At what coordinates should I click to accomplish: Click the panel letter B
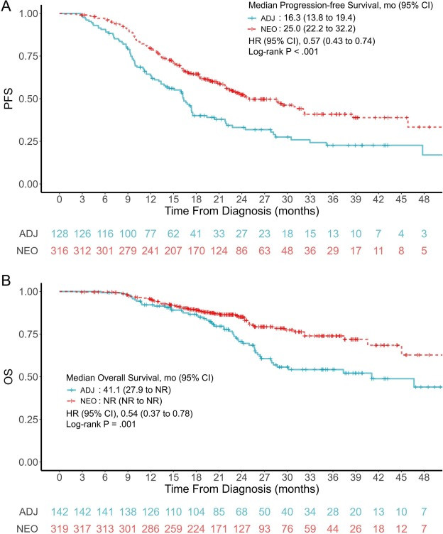click(x=6, y=280)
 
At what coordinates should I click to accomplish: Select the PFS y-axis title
click(x=9, y=99)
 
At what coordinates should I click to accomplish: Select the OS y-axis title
click(x=9, y=376)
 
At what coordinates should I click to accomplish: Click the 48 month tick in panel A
click(x=424, y=199)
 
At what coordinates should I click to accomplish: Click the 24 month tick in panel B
click(x=241, y=477)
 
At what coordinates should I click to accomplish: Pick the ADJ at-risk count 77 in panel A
click(x=151, y=234)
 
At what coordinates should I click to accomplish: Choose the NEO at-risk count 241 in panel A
click(x=151, y=251)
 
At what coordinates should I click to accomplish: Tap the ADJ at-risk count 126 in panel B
click(x=151, y=511)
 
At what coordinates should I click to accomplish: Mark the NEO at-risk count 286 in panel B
click(x=151, y=528)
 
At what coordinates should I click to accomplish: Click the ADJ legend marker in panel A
click(x=252, y=18)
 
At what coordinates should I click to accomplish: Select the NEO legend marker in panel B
click(x=71, y=401)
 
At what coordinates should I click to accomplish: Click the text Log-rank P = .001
click(x=101, y=424)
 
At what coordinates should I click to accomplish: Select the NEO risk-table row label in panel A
click(x=27, y=251)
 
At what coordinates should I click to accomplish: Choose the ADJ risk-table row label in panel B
click(x=28, y=511)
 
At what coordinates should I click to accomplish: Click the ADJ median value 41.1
click(x=110, y=389)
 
